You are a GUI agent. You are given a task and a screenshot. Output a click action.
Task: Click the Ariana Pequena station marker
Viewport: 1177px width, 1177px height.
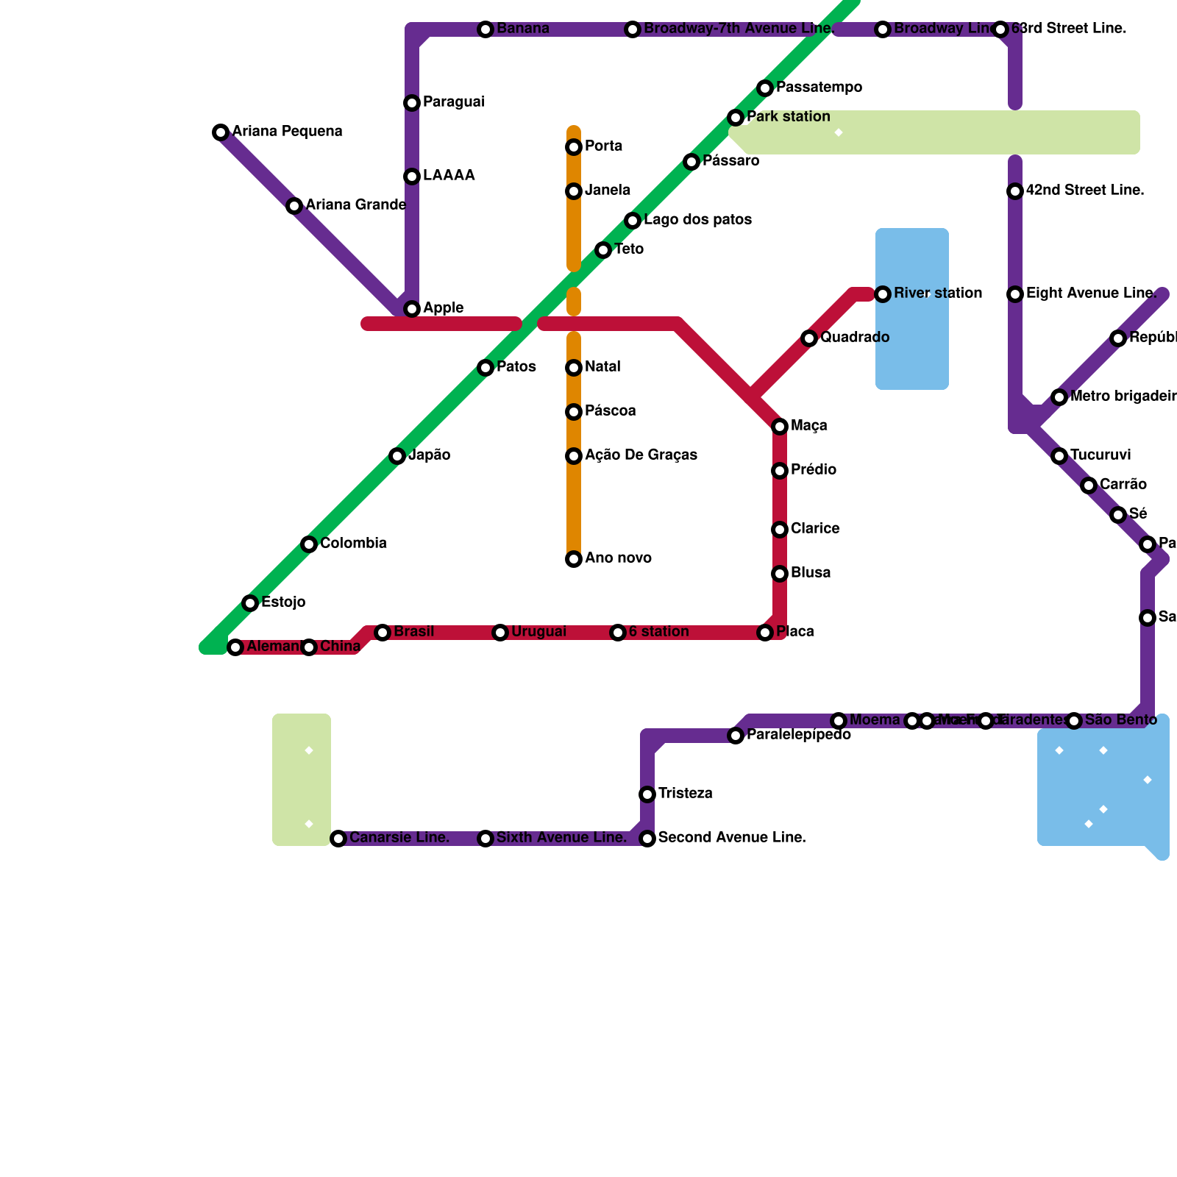tap(221, 132)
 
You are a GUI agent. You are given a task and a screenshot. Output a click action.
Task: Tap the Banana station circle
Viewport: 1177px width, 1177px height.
tap(486, 29)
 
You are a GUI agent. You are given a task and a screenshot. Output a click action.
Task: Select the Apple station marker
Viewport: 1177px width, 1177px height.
tap(412, 309)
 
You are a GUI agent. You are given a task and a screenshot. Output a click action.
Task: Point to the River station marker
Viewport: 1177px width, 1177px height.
tap(883, 294)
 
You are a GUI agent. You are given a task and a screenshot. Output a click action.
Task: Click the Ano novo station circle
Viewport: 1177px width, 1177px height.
tap(574, 559)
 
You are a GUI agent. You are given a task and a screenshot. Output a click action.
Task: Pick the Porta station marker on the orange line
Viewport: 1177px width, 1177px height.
tap(574, 147)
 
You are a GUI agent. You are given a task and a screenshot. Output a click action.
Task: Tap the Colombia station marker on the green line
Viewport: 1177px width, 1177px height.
tap(309, 544)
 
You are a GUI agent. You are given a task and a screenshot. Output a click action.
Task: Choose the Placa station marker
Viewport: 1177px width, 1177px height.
tap(765, 633)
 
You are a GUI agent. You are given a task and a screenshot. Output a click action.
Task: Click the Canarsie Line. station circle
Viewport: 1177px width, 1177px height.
tap(338, 839)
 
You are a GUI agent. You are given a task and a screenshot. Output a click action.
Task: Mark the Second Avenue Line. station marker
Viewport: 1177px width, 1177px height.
tap(647, 839)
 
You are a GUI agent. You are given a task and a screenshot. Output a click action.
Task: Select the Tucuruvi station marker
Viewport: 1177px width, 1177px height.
tap(1059, 456)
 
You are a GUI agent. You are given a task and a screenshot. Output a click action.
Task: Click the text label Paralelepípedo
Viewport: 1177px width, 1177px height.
tap(799, 735)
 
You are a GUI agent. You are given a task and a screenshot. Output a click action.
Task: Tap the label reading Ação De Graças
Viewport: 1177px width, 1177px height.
tap(641, 455)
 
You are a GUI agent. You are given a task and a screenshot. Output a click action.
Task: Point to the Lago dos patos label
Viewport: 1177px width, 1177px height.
tap(697, 220)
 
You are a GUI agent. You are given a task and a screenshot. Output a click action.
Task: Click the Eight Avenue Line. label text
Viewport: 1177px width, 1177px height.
tap(1091, 294)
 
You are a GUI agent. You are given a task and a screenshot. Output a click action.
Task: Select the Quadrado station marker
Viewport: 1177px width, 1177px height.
tap(809, 338)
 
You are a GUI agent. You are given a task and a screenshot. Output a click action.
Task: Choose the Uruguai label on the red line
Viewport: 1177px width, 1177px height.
tap(538, 632)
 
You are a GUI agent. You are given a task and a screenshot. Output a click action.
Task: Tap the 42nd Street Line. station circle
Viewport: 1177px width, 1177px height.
tap(1015, 191)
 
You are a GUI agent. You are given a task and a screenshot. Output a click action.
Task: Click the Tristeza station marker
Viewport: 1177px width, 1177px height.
tap(647, 794)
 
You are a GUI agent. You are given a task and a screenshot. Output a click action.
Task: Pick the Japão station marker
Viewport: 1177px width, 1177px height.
tap(397, 456)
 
